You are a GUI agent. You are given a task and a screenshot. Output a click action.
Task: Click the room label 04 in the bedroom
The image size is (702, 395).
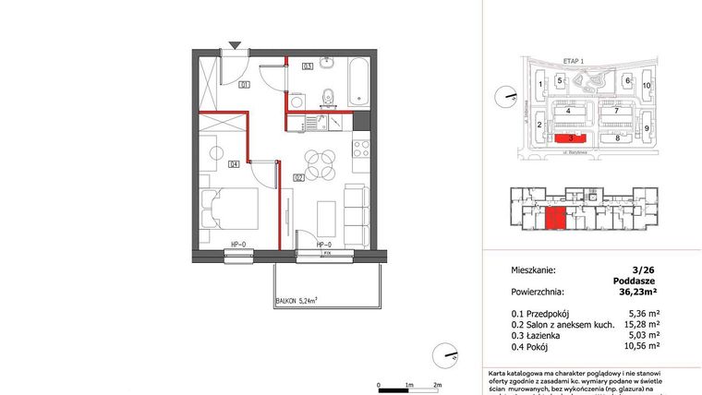click(x=235, y=164)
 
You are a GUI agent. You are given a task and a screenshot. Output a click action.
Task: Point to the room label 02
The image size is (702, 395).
click(x=299, y=177)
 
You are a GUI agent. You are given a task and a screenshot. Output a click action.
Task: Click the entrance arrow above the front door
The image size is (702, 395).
click(x=236, y=44)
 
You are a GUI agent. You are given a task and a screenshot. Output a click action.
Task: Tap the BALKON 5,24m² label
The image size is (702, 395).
click(x=297, y=300)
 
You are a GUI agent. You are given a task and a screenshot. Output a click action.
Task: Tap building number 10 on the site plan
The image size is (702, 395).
click(x=647, y=85)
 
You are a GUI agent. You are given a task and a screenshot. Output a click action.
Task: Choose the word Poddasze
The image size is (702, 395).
click(x=634, y=282)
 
